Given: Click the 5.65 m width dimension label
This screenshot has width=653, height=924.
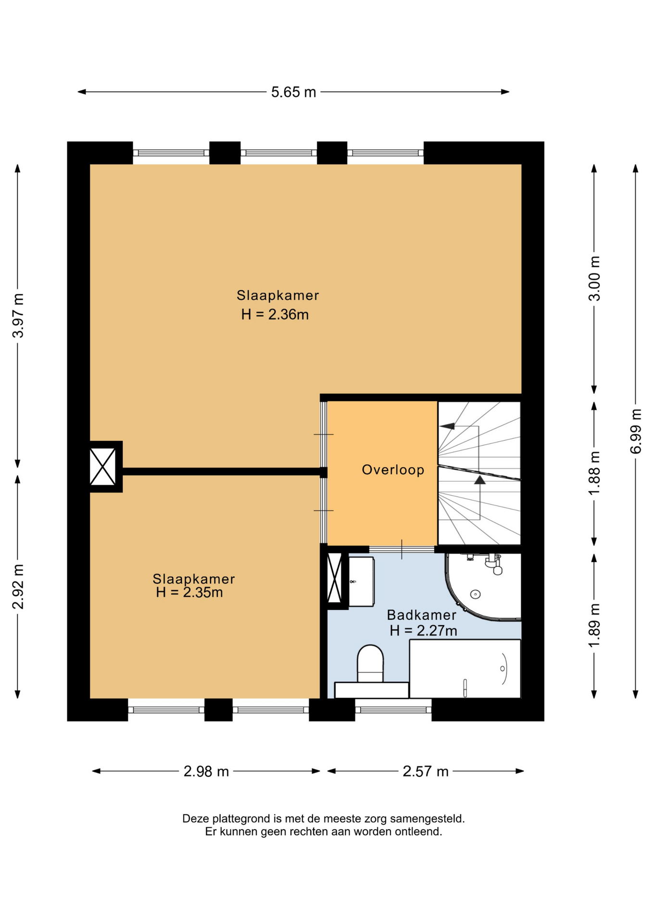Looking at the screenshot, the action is [x=293, y=92].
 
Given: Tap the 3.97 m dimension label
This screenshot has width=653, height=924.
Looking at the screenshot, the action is [x=18, y=315].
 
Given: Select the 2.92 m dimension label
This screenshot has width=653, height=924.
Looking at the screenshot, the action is [x=18, y=587].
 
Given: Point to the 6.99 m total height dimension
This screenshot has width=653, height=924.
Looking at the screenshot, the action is [x=636, y=431].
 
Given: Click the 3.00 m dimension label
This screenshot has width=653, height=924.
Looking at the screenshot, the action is [x=594, y=278].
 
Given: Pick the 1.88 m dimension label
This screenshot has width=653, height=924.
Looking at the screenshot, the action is [x=594, y=473].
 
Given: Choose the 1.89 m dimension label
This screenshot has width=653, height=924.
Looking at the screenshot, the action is [x=594, y=625].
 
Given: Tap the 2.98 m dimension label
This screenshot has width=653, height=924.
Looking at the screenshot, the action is [x=206, y=771].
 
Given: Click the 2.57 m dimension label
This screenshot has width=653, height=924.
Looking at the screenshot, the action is [x=426, y=771].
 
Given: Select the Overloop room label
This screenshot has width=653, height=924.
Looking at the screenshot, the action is [x=393, y=470].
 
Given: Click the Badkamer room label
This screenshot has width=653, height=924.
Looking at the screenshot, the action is [x=422, y=615].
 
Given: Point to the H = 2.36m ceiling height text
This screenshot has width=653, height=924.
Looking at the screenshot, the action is [x=275, y=314].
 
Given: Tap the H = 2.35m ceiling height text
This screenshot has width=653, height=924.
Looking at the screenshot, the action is [x=189, y=592].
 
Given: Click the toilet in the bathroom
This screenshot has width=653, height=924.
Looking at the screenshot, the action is [x=370, y=664].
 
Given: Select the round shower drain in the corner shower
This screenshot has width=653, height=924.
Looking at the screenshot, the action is [x=476, y=594].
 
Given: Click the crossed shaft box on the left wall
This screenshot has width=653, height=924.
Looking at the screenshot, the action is [x=103, y=467].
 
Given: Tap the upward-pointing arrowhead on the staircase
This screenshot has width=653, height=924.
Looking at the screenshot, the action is [x=480, y=480].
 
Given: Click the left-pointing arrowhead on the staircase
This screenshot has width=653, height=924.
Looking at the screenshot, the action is [x=447, y=426].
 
